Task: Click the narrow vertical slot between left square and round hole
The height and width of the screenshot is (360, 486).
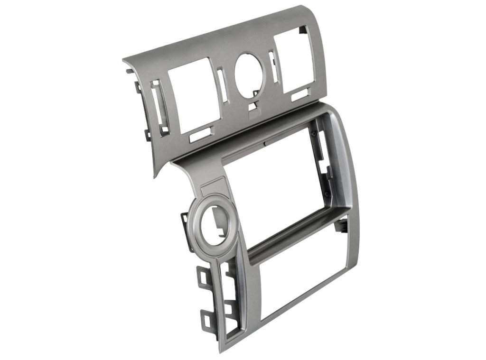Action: (x=222, y=85)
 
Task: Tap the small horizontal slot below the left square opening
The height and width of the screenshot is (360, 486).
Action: (x=199, y=135)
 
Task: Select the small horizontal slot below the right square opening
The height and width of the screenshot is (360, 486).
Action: (x=300, y=94)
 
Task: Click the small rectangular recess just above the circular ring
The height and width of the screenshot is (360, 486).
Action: (x=211, y=188)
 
